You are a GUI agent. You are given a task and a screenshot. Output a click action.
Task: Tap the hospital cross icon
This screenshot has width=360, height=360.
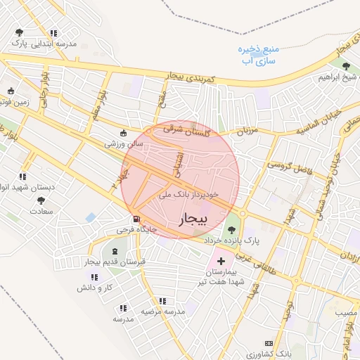(x=221, y=261)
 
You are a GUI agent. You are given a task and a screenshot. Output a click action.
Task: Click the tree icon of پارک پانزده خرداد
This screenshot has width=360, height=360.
(x=231, y=229)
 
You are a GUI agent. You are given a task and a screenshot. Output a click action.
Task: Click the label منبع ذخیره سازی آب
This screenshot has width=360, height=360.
(x=259, y=56)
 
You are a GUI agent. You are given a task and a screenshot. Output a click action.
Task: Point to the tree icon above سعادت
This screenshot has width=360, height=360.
(x=40, y=201)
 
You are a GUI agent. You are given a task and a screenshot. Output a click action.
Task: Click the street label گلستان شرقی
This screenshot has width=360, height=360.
(x=182, y=129)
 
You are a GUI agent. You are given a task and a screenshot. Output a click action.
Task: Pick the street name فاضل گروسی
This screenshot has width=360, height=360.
(x=288, y=166)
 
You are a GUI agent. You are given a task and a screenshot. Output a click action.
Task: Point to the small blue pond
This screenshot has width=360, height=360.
(x=90, y=217)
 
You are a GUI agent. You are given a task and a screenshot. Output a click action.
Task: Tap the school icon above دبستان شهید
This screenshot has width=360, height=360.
(x=22, y=176)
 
